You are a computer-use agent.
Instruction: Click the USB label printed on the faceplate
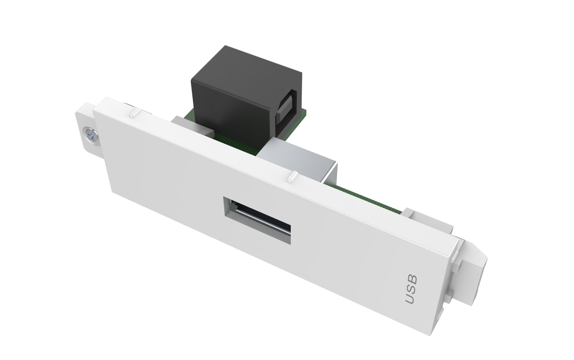click(411, 290)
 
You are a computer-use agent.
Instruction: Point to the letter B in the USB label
click(413, 279)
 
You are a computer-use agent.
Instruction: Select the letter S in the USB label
click(411, 289)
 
